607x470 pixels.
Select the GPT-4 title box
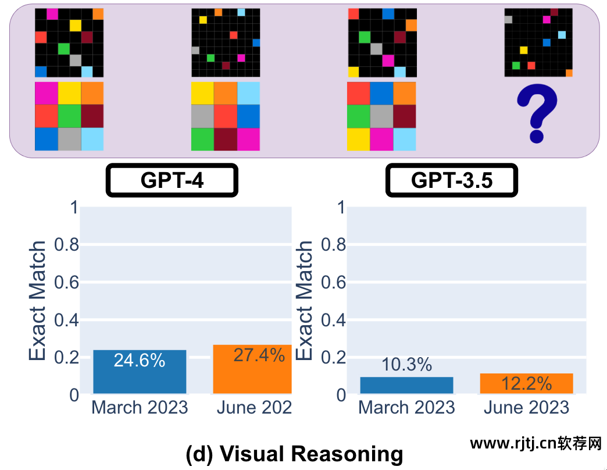[x=172, y=180]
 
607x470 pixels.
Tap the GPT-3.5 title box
[x=451, y=180]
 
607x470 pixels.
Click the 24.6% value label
[x=140, y=361]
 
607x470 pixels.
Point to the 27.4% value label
[x=259, y=355]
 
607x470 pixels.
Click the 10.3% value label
[x=406, y=365]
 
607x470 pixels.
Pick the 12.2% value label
[x=526, y=383]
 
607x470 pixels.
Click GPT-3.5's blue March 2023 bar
[x=406, y=386]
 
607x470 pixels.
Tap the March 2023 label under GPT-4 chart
[x=140, y=408]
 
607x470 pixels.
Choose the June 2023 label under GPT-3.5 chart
[x=526, y=408]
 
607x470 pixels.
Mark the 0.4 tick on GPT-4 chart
[x=66, y=321]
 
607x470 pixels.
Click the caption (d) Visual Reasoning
[x=294, y=454]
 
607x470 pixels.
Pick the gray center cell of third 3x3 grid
[x=381, y=116]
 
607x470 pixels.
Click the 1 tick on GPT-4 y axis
[x=72, y=208]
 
